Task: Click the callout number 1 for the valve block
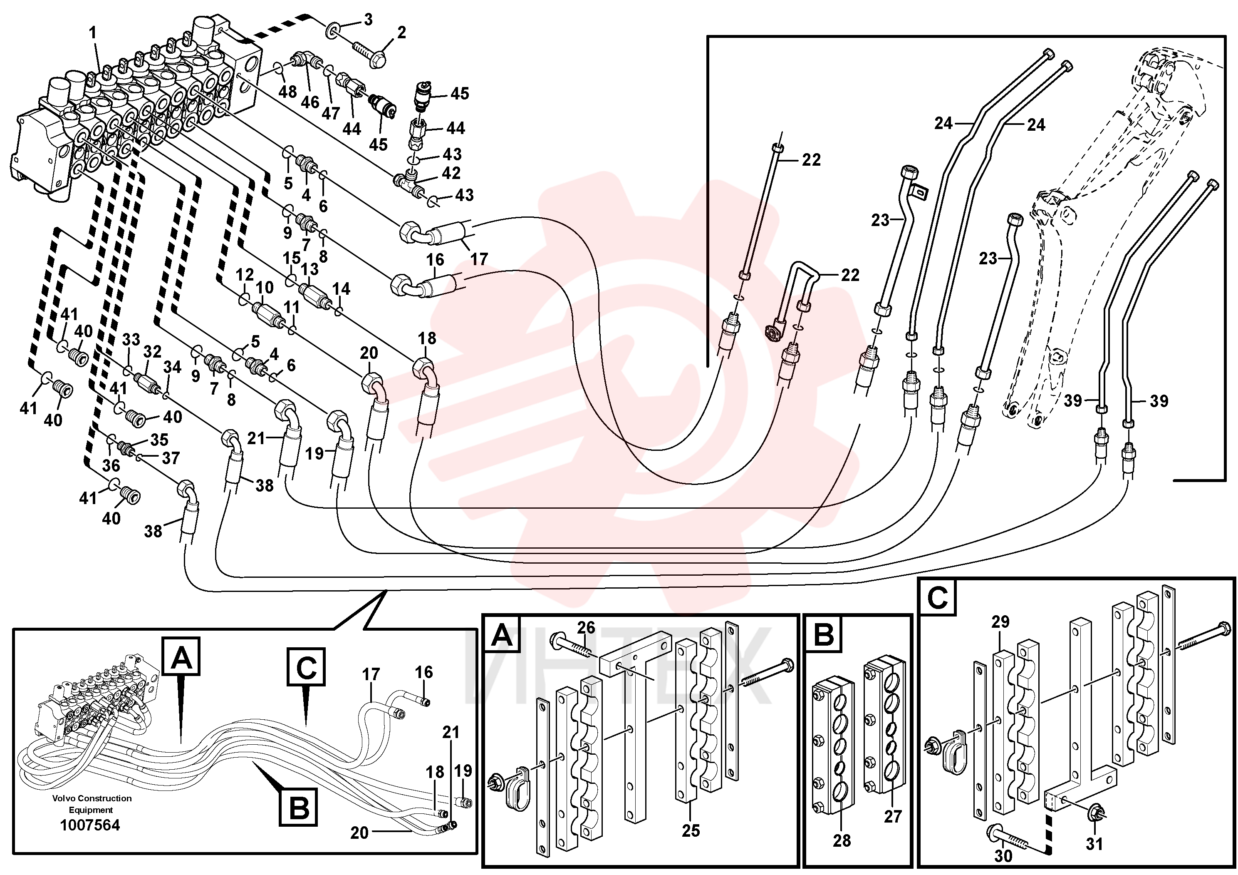point(93,33)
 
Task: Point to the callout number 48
point(288,91)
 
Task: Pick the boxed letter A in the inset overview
point(181,656)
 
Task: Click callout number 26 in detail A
point(586,627)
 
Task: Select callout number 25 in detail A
point(691,830)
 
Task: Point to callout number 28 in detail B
point(842,840)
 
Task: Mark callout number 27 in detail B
point(892,816)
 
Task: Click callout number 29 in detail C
point(1000,622)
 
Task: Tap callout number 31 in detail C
point(1094,843)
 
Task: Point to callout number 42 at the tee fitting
point(451,173)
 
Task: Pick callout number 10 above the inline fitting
point(264,288)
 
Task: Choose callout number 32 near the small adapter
point(152,352)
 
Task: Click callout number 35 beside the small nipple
point(159,440)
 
